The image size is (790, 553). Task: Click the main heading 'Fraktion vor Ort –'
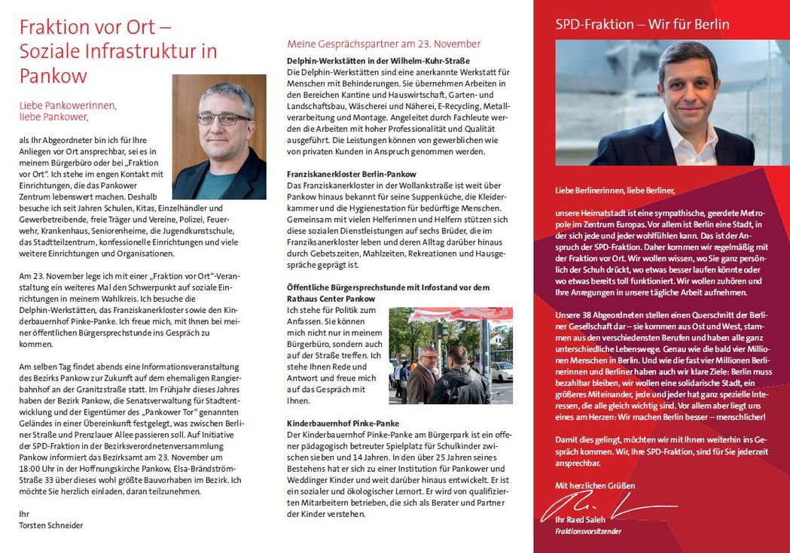point(96,27)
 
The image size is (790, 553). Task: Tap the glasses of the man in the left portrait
point(223,119)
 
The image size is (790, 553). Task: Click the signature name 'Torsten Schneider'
point(51,525)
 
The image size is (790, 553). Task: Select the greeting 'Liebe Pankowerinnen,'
point(68,105)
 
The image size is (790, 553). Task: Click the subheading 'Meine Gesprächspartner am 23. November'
point(384,44)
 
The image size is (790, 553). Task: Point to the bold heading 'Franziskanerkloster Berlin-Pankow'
point(352,174)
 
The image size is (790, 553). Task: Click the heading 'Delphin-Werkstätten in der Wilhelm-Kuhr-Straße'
point(378,60)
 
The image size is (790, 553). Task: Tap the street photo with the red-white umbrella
point(450,355)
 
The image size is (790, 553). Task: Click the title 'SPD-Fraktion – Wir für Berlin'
point(642,24)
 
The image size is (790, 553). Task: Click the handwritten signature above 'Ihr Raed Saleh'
point(595,509)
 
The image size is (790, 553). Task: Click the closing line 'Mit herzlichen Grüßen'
point(595,485)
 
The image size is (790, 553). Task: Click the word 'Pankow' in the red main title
point(53,76)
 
